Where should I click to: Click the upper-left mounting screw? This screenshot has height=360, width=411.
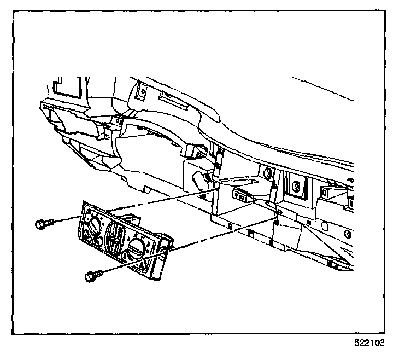pyautogui.click(x=45, y=223)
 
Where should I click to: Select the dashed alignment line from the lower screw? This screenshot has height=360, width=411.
pyautogui.click(x=219, y=235)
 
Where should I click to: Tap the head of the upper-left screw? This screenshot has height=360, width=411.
pyautogui.click(x=40, y=224)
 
